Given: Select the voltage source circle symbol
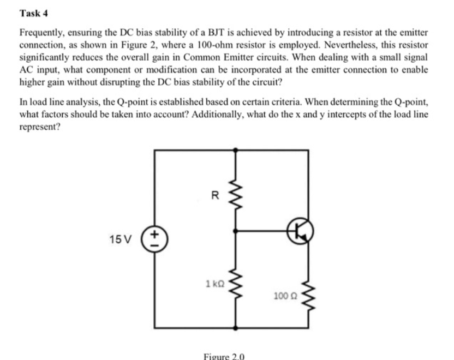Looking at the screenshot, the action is [x=154, y=238].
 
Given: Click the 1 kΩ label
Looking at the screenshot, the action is [x=214, y=283].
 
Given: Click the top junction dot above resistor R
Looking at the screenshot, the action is [x=236, y=148].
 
